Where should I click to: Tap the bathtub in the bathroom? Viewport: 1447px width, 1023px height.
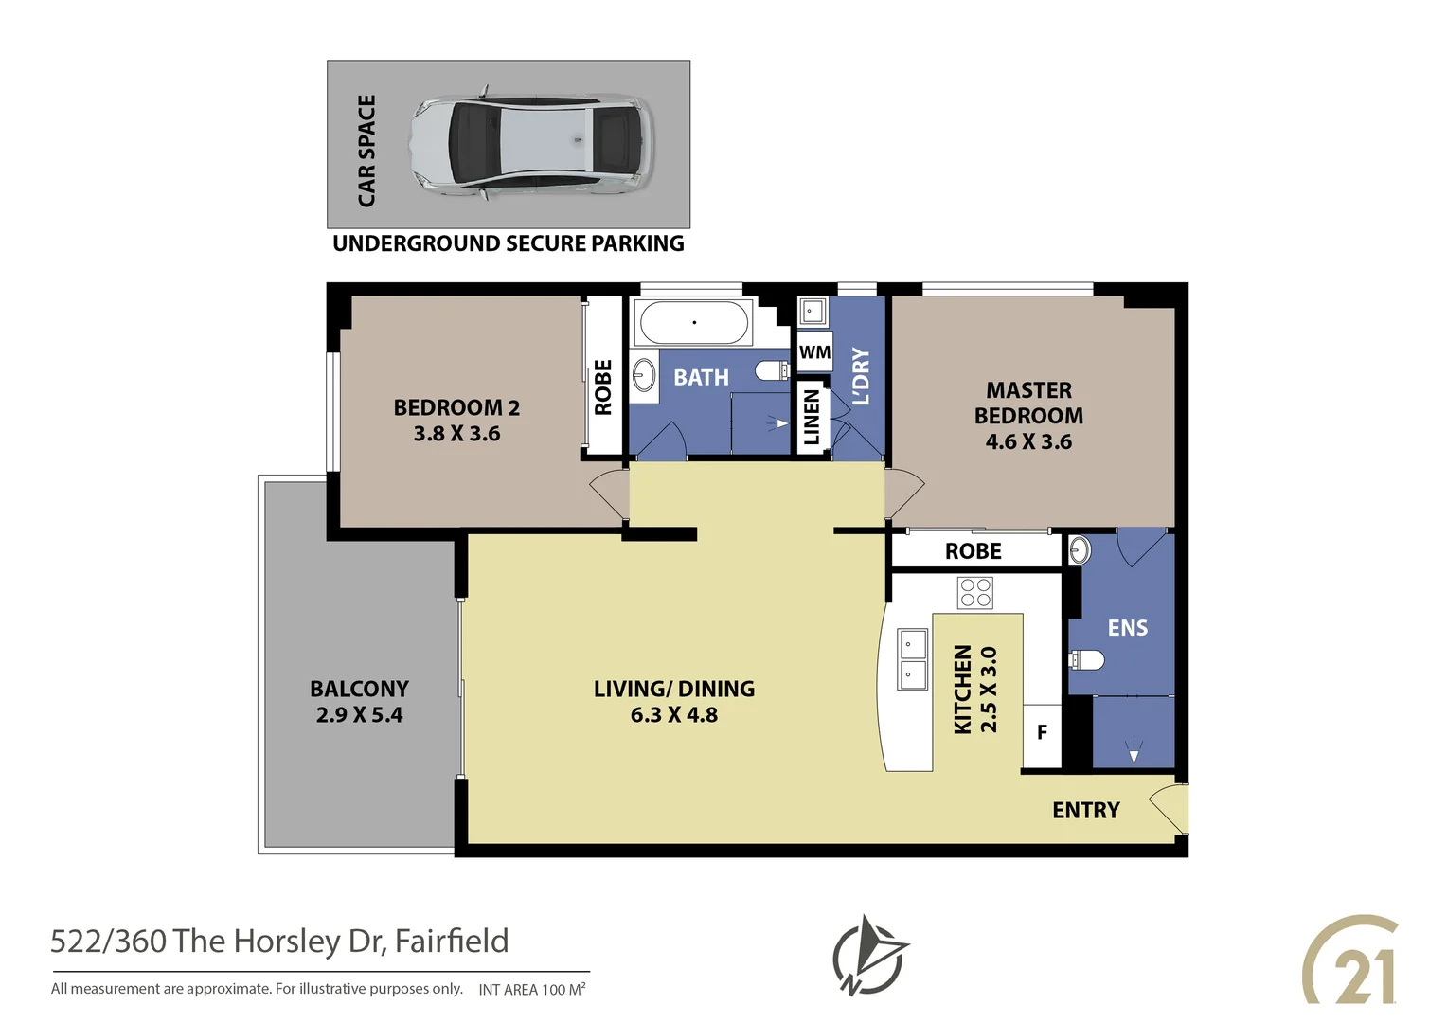[694, 323]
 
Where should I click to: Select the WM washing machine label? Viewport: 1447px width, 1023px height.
[814, 352]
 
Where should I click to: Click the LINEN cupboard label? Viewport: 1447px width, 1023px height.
[812, 417]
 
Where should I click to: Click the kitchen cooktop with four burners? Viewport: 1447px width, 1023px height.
[975, 593]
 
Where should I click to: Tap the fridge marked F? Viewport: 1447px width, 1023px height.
[1042, 733]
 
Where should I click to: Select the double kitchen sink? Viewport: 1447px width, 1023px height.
[912, 659]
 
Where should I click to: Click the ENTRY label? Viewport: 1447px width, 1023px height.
[1085, 811]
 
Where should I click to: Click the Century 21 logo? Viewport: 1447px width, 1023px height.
[1352, 961]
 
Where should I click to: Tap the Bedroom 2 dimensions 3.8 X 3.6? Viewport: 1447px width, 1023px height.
[456, 434]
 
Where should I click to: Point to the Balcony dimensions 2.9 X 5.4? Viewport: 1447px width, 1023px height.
[359, 715]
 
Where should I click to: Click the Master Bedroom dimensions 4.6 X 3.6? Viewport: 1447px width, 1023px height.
[1028, 442]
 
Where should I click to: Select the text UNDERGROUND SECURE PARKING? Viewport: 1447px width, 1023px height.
[509, 244]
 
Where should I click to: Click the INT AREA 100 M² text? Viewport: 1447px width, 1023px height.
[532, 990]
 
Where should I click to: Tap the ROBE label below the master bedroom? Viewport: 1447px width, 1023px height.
[973, 551]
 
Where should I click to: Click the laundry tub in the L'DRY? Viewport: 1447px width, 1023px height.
[813, 312]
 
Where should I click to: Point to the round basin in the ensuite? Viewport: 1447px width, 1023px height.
[1080, 548]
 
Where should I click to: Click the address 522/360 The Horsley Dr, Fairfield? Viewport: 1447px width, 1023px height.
[279, 942]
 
